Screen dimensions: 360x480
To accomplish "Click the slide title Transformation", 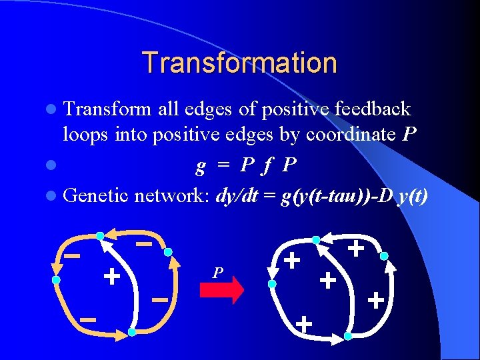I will [239, 63].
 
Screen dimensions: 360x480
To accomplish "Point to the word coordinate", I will [351, 135].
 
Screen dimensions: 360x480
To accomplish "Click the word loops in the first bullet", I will [84, 135].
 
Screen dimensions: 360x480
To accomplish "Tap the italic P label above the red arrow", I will [217, 273].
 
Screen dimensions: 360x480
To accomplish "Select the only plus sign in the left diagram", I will [111, 275].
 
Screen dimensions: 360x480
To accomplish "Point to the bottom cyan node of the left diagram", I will [132, 331].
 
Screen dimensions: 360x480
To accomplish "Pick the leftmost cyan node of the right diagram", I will [272, 284].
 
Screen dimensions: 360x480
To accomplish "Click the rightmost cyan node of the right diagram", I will [385, 255].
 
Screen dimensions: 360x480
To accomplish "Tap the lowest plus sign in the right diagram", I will [304, 325].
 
